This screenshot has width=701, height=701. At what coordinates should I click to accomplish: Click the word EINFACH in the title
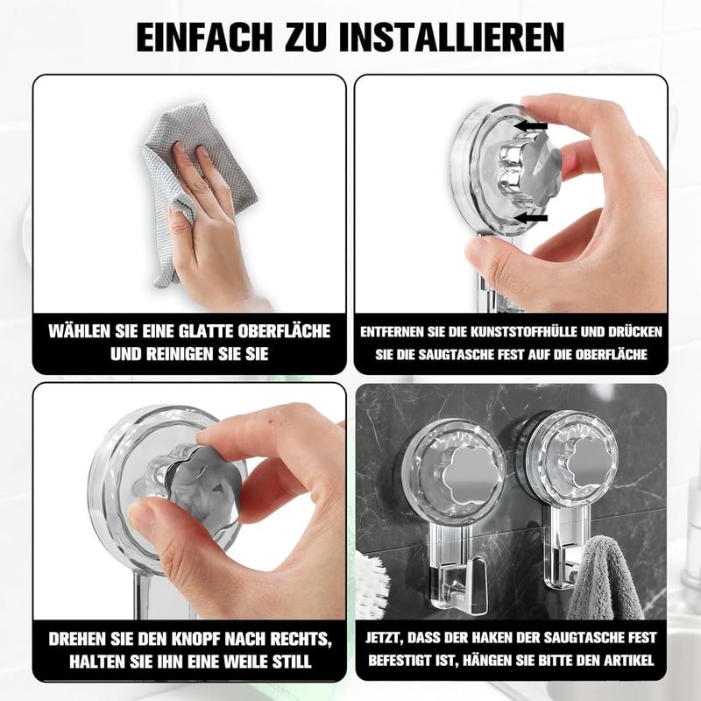pyautogui.click(x=204, y=37)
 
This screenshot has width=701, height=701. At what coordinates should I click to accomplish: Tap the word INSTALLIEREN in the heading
pyautogui.click(x=451, y=37)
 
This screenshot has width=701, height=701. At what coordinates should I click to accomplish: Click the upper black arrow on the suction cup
pyautogui.click(x=530, y=126)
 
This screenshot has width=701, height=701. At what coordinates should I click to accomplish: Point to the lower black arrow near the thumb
pyautogui.click(x=530, y=218)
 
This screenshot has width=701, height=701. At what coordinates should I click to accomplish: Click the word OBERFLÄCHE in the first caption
pyautogui.click(x=284, y=331)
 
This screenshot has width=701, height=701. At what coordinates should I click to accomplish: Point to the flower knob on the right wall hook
pyautogui.click(x=589, y=465)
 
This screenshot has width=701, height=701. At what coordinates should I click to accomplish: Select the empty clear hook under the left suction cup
pyautogui.click(x=459, y=584)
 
